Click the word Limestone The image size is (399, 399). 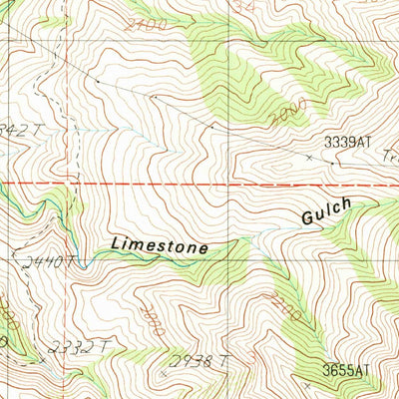pos(160,243)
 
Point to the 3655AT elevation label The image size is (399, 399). pos(345,370)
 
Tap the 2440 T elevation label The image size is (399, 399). pos(45,262)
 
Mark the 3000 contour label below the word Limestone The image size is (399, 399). pos(153,320)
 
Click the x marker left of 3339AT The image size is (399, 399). pos(308,158)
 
